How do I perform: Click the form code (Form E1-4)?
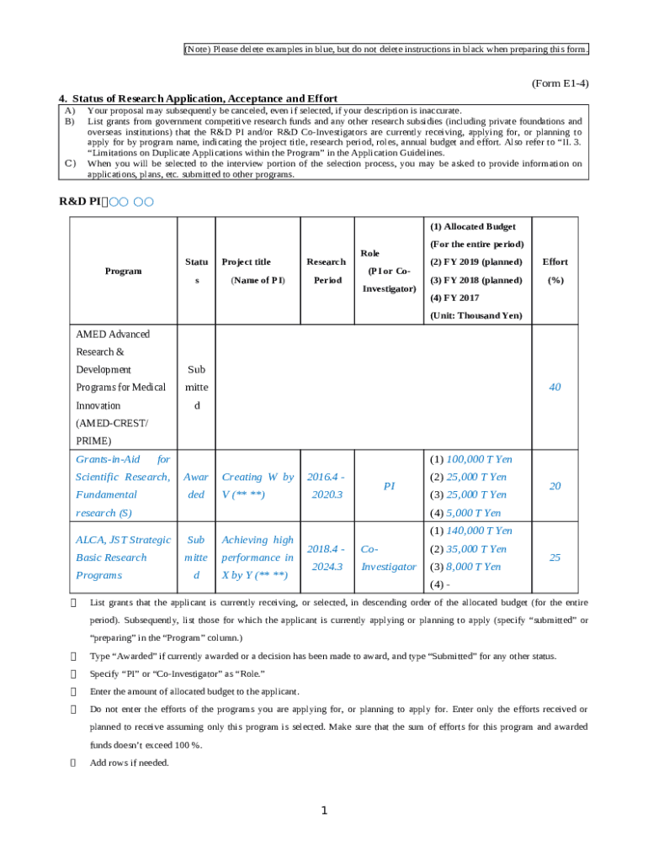[560, 84]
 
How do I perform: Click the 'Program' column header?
[123, 271]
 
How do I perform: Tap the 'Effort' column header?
[555, 271]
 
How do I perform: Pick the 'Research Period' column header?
[326, 271]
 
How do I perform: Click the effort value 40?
[555, 388]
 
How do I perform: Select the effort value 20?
[555, 486]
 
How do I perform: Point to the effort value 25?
[555, 557]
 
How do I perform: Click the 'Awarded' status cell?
[196, 486]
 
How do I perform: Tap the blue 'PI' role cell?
[389, 486]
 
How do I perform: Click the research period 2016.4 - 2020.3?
[326, 486]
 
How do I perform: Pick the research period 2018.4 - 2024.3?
[326, 557]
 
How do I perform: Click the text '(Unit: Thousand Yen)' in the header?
[475, 315]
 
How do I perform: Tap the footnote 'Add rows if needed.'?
[129, 763]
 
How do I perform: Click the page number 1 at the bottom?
[323, 811]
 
